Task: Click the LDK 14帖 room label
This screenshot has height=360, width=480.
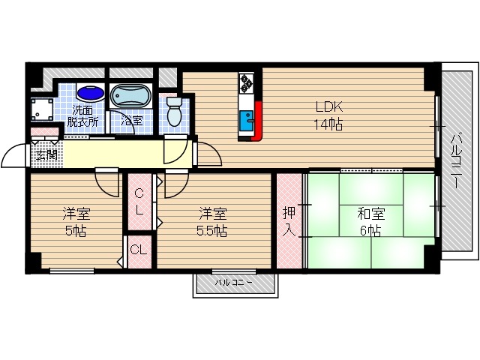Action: [x=328, y=115]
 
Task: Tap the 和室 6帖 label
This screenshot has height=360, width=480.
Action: [x=370, y=222]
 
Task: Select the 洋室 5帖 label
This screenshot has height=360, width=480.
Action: [x=76, y=222]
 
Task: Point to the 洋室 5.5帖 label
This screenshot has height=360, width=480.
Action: [x=212, y=222]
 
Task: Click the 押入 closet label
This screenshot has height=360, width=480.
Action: [x=289, y=221]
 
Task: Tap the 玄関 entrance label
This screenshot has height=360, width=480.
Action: [x=46, y=155]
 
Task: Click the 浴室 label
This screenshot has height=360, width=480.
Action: [x=132, y=120]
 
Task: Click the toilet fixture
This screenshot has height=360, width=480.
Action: [x=174, y=111]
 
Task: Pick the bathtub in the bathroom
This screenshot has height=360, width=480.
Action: [x=131, y=95]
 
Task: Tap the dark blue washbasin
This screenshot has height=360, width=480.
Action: [x=91, y=92]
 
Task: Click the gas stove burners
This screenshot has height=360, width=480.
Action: [x=247, y=82]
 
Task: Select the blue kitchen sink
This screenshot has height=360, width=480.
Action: [x=247, y=121]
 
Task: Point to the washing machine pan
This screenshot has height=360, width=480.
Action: [x=42, y=109]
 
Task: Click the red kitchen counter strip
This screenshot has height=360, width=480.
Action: [x=258, y=121]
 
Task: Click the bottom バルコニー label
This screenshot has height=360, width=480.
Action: [x=233, y=282]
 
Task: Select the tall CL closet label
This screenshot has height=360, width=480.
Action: [x=139, y=202]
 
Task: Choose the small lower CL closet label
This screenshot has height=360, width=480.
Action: [x=139, y=250]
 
